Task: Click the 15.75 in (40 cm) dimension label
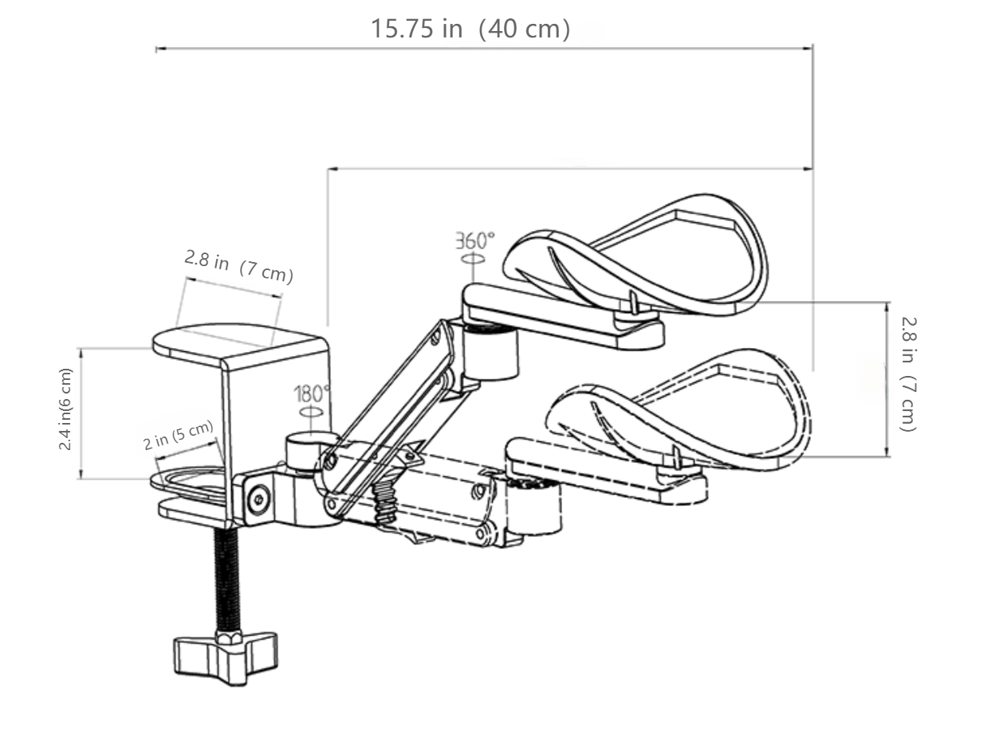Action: pos(470,29)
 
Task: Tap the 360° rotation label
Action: pos(475,240)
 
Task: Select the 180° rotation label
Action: pos(312,393)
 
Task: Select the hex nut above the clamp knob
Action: pos(230,636)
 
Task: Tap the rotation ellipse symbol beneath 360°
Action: pos(474,259)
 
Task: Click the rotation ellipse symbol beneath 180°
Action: pos(312,412)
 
